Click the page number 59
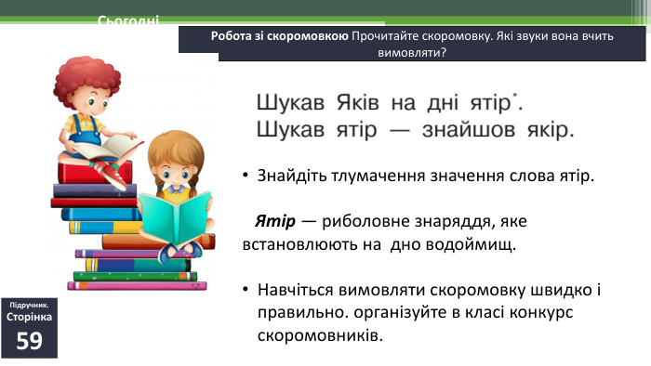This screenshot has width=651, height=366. [29, 340]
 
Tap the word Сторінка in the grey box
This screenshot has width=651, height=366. [29, 317]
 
